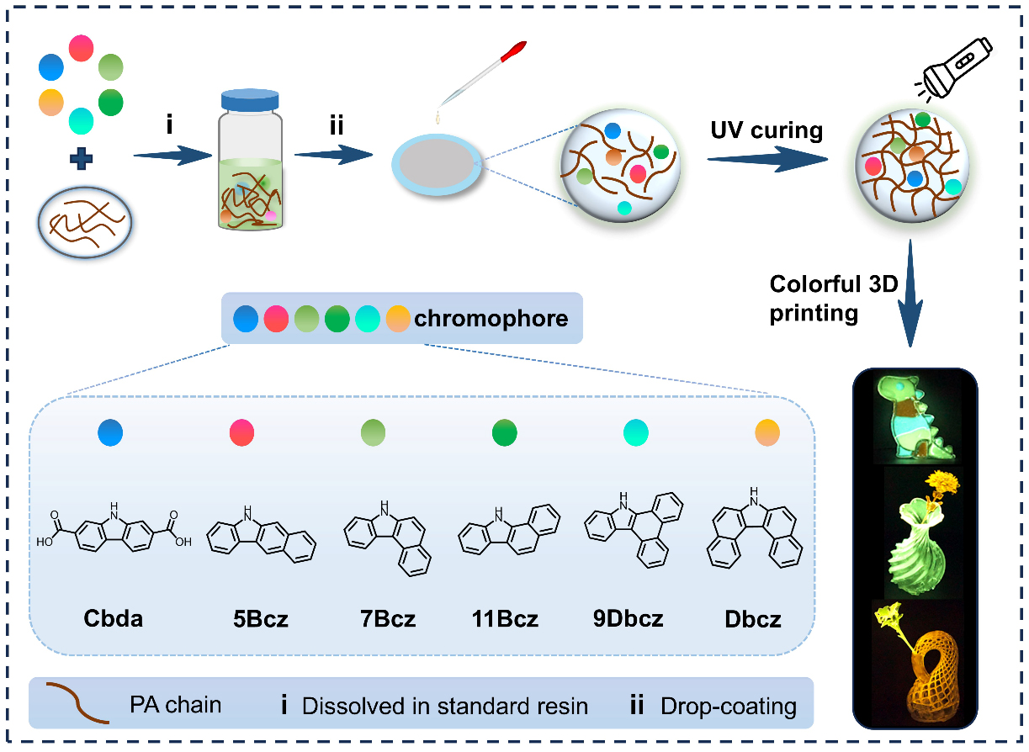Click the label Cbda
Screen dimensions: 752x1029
[113, 619]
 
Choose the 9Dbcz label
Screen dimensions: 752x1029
[628, 619]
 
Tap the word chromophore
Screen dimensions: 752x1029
[491, 319]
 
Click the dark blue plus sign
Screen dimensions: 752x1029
[82, 159]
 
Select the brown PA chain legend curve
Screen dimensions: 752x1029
[77, 702]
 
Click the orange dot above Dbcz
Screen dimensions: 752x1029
[767, 433]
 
